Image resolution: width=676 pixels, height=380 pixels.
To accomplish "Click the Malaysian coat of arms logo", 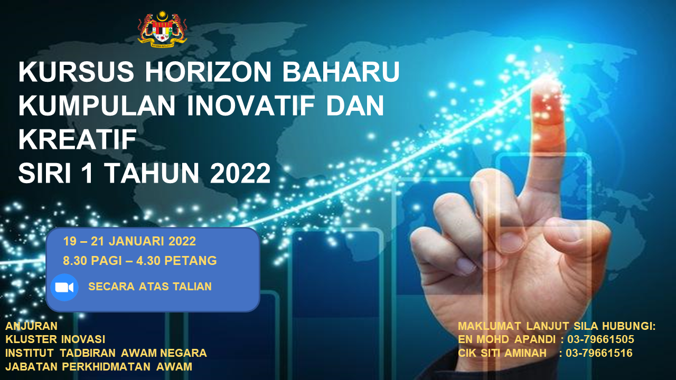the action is coord(162,29).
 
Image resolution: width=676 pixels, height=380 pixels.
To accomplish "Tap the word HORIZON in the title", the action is coord(208,72).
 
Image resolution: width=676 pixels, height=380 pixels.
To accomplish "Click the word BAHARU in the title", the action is coord(341,72).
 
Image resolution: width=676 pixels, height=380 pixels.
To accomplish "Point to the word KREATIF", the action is coord(78,139).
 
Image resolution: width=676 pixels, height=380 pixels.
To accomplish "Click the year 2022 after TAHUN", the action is coord(240,173).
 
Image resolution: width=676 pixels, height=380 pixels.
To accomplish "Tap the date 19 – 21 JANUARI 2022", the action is coord(129,241).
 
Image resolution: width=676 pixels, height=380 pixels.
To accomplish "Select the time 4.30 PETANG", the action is coord(176,261).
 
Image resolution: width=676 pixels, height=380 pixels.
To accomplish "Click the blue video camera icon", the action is coord(64,288).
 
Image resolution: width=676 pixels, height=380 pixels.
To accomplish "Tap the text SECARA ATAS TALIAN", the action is coord(149,287).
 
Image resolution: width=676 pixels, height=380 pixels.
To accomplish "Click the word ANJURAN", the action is coord(31,326).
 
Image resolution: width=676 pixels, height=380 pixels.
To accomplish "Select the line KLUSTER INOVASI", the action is coord(55,339).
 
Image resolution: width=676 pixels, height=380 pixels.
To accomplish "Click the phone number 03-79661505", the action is coord(600,339).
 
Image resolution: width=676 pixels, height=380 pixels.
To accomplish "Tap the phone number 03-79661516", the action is coord(599,353).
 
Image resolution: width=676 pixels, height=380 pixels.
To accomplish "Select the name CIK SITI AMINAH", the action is coord(502,353).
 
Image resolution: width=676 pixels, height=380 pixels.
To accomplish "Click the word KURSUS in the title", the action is coord(76,72).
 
